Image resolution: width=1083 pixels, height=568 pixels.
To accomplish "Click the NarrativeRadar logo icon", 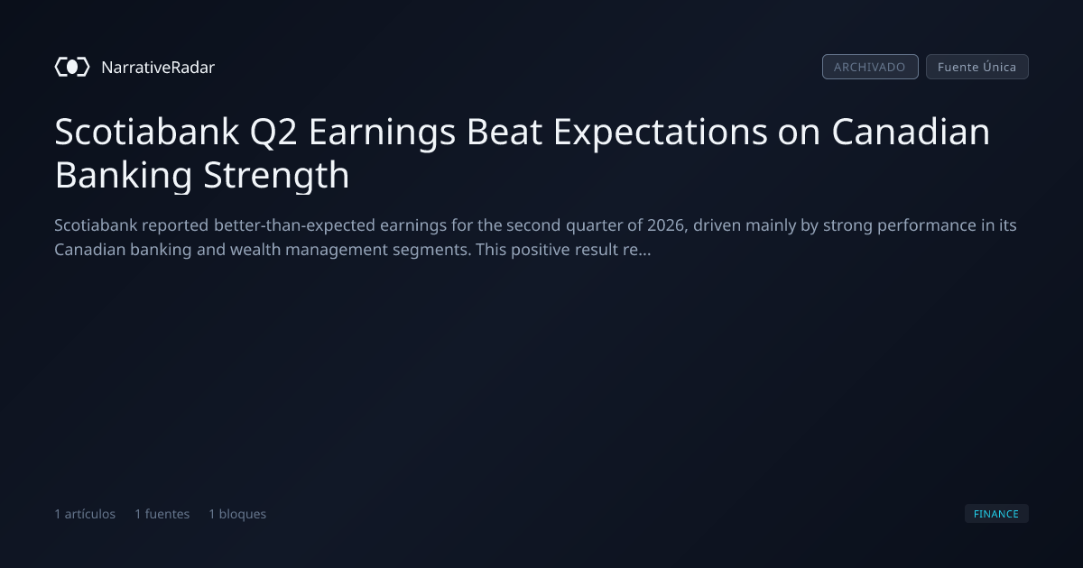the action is [72, 67].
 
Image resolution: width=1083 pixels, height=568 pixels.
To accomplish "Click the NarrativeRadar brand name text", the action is [158, 67].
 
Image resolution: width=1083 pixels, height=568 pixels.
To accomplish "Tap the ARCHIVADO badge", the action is [870, 67].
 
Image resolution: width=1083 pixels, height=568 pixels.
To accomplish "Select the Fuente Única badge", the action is [977, 67].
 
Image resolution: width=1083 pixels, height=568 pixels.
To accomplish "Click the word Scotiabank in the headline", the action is [147, 132].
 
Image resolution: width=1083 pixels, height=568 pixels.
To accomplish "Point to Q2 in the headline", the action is [273, 133].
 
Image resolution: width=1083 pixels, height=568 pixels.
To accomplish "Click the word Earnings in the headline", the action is [382, 133].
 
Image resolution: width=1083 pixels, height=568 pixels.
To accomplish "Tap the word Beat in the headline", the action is [504, 132].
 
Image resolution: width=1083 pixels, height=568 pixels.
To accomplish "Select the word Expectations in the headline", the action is [660, 133].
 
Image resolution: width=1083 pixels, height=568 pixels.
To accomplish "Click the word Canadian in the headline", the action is [911, 132].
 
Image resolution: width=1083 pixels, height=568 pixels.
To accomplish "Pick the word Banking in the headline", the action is [124, 176].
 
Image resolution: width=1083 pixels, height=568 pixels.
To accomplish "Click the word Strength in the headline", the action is [276, 176].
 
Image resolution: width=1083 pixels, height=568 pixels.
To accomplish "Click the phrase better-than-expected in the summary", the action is [294, 225].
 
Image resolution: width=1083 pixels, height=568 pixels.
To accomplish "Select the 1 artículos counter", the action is [85, 514].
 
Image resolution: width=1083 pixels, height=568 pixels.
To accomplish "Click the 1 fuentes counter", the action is [162, 514].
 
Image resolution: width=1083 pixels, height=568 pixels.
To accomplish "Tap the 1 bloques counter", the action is [237, 514].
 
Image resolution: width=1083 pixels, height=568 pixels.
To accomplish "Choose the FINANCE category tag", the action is [996, 514].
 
